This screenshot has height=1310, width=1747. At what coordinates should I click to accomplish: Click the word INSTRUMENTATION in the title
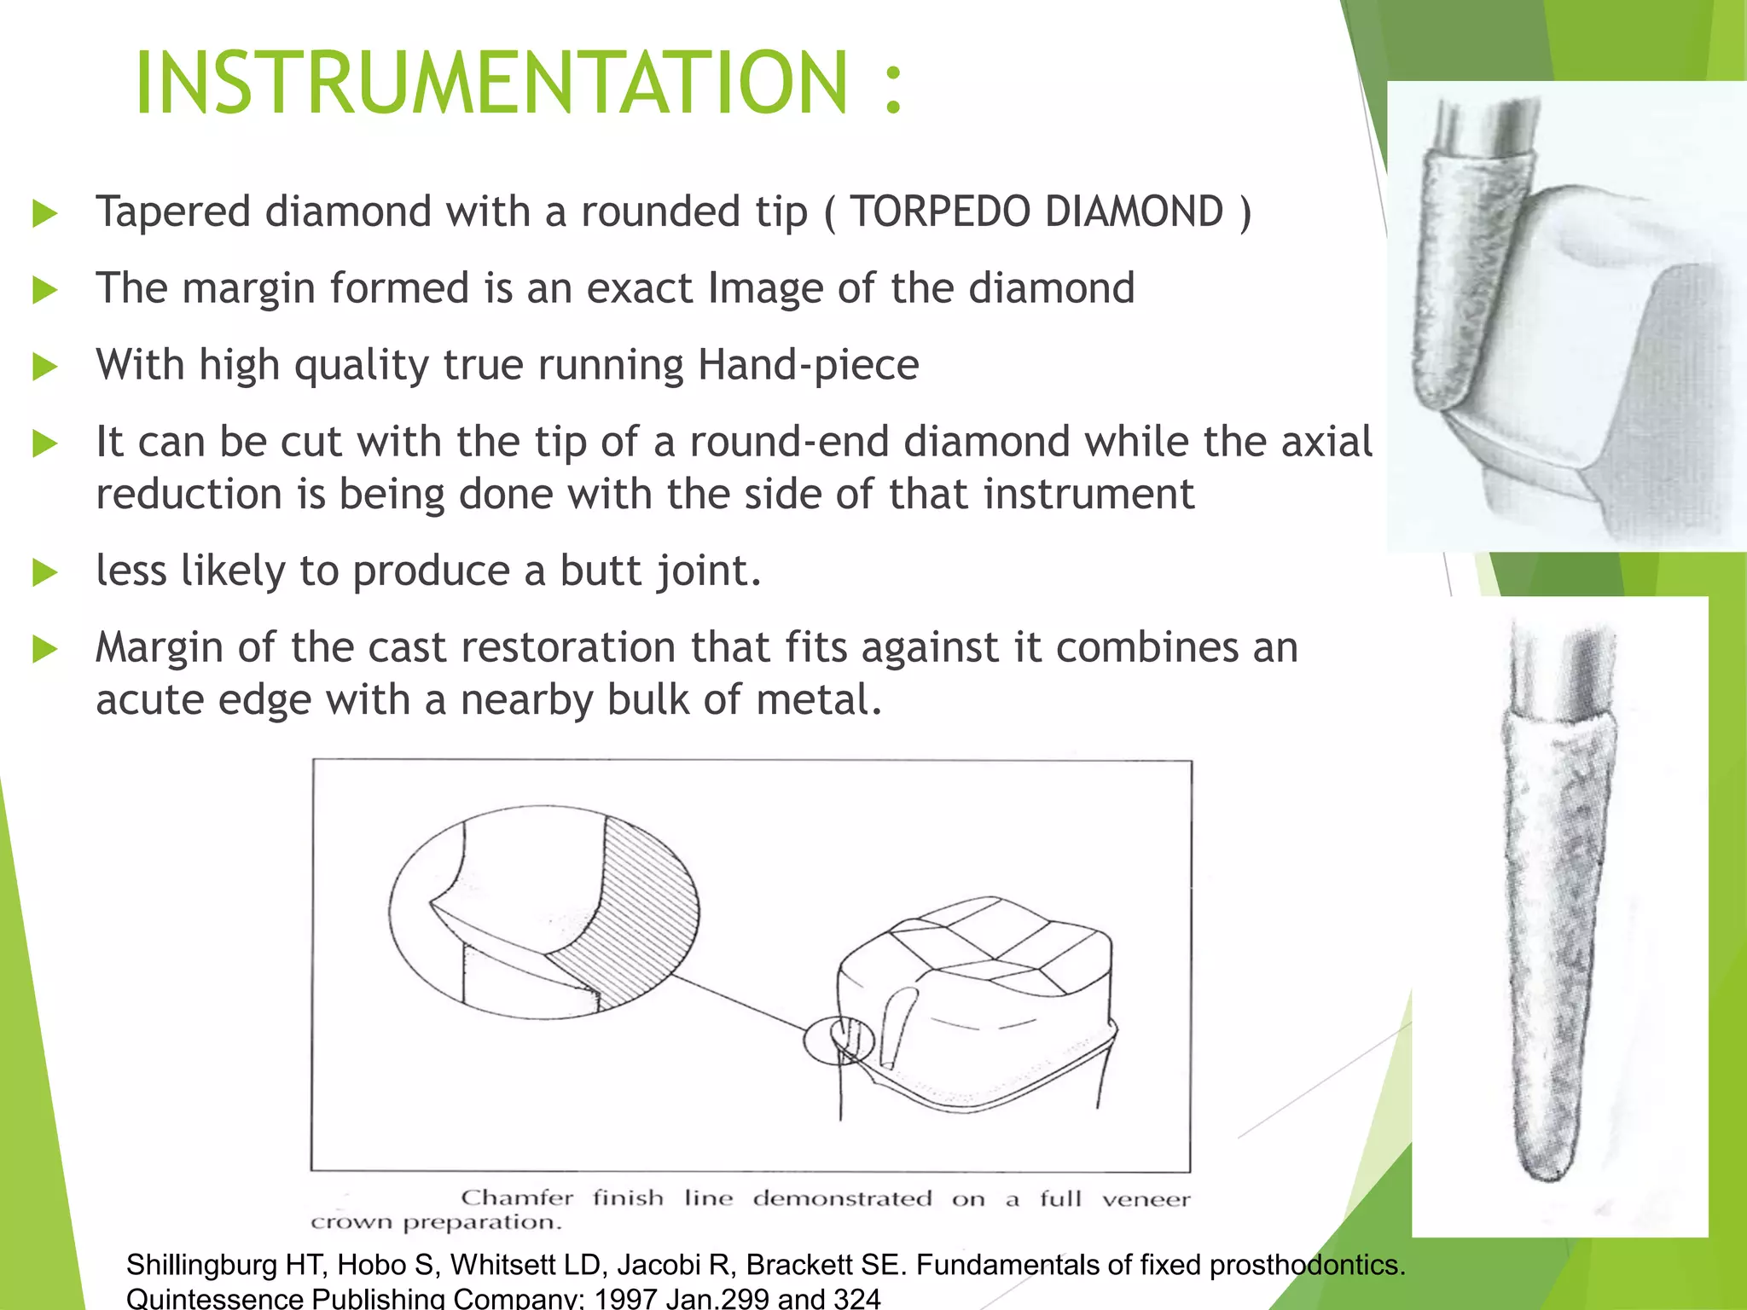[491, 83]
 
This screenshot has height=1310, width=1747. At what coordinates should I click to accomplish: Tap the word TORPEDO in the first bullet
[940, 212]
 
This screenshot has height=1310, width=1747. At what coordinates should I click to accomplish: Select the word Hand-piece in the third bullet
[808, 365]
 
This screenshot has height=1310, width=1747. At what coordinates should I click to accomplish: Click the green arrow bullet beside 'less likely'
[44, 572]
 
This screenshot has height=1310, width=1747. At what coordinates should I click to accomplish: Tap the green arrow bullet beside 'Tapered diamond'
[44, 213]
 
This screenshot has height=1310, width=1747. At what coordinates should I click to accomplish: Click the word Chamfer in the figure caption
[517, 1197]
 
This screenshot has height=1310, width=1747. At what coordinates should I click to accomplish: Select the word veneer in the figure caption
[1145, 1199]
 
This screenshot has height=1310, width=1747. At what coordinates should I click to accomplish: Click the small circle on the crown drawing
[839, 1041]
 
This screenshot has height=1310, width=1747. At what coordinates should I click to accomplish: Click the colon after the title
[893, 85]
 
